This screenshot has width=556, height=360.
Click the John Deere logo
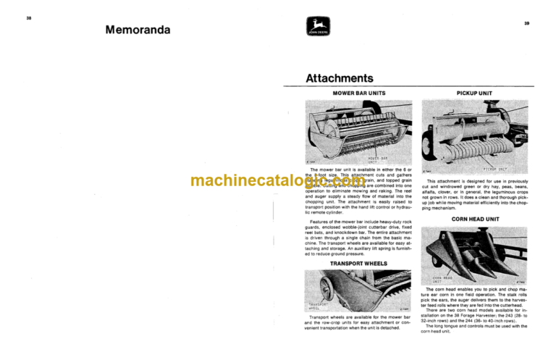317,30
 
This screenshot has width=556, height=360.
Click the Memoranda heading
138,30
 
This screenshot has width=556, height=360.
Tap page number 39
527,23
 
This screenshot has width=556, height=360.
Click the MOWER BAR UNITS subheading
358,93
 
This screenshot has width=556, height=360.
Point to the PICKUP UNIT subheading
475,93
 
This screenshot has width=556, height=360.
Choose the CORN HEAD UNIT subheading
474,218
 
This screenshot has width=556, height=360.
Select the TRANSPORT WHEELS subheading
358,264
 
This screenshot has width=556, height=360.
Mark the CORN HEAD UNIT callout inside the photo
442,279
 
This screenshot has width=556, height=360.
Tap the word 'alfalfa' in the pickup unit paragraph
435,195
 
